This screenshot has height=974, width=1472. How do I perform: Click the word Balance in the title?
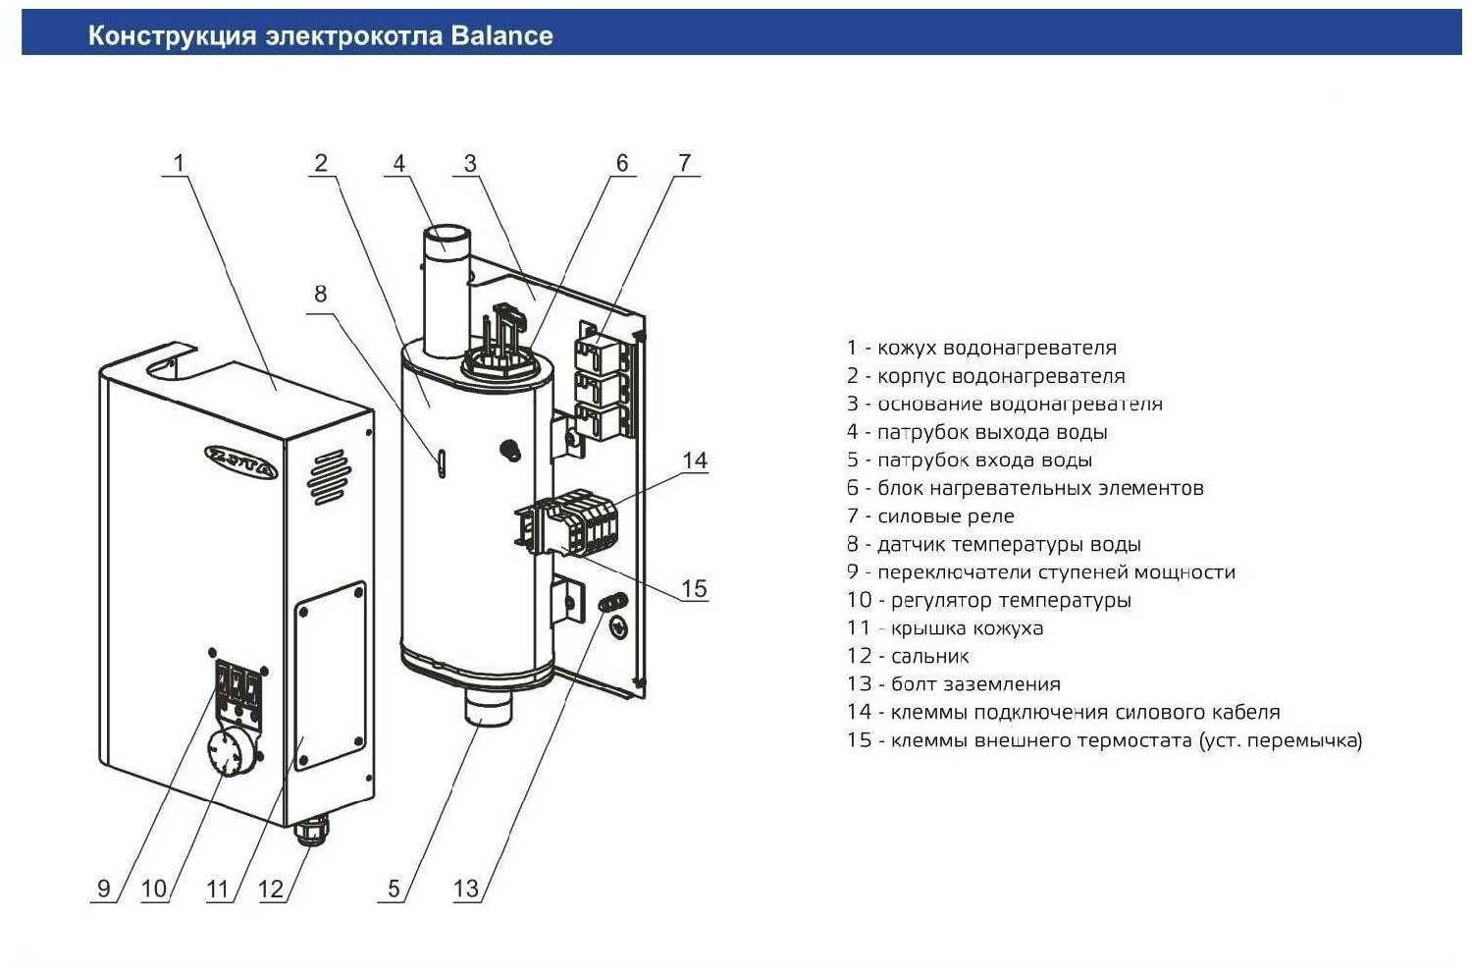(x=501, y=36)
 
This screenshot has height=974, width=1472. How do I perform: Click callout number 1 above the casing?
(x=179, y=163)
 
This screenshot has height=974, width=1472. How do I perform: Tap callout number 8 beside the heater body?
(x=320, y=294)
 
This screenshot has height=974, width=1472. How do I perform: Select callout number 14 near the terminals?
(x=695, y=460)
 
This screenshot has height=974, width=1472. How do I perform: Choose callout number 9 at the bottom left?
(x=104, y=890)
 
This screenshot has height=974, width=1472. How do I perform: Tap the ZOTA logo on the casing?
(x=241, y=460)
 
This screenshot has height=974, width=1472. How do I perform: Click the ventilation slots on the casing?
(x=328, y=477)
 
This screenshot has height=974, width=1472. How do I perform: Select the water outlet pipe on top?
(x=446, y=285)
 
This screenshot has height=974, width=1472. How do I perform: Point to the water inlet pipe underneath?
(x=486, y=708)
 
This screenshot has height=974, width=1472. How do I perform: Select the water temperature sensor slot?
(x=442, y=461)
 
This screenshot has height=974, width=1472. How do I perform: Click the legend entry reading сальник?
(x=908, y=656)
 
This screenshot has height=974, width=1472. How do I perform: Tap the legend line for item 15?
(x=1104, y=740)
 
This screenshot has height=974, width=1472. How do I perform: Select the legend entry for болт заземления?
(x=953, y=684)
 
